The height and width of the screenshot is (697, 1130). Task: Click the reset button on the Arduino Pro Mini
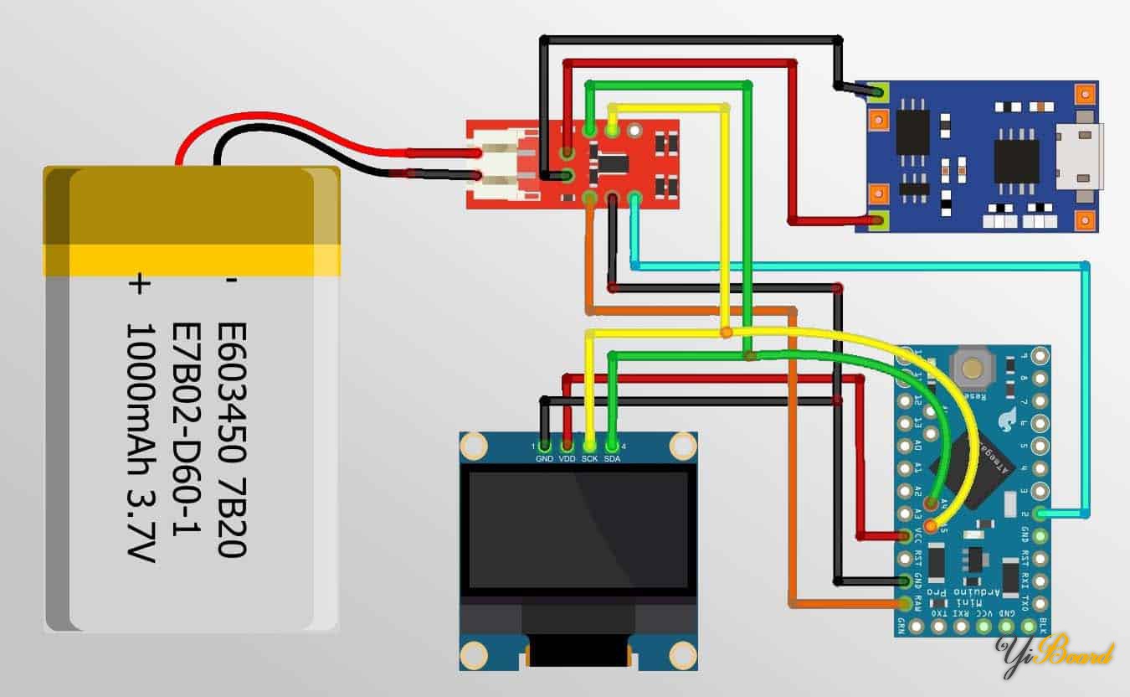[971, 367]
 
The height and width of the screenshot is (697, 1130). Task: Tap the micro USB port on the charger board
[1080, 154]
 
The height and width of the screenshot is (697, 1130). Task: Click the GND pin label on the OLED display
[545, 458]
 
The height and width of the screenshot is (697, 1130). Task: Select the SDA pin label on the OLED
[612, 458]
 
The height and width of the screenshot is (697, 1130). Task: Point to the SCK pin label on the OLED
[589, 458]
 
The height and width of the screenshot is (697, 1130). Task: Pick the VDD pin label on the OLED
[567, 458]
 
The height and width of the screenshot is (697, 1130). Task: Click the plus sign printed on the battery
[138, 286]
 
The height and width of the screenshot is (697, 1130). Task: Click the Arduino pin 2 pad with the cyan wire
[1040, 513]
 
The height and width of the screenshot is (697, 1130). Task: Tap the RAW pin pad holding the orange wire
[905, 603]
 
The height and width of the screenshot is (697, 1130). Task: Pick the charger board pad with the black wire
[877, 90]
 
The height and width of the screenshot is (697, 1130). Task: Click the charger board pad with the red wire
[877, 221]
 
